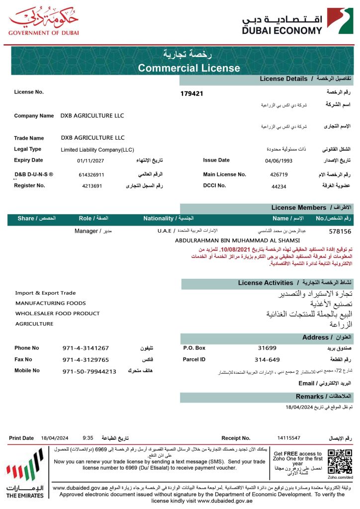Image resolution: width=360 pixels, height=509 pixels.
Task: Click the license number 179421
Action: tap(191, 93)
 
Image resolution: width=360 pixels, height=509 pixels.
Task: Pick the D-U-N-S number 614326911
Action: tap(91, 175)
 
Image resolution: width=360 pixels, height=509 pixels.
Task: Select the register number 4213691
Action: tap(92, 186)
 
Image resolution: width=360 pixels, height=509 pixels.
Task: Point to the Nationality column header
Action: tap(168, 218)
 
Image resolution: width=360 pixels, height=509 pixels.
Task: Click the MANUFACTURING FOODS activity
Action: tap(51, 303)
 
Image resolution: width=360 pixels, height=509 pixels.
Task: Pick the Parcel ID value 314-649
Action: tap(267, 359)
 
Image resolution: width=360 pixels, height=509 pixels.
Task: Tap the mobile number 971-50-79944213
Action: tap(90, 371)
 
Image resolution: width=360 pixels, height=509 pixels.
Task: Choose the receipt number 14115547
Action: tap(289, 438)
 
